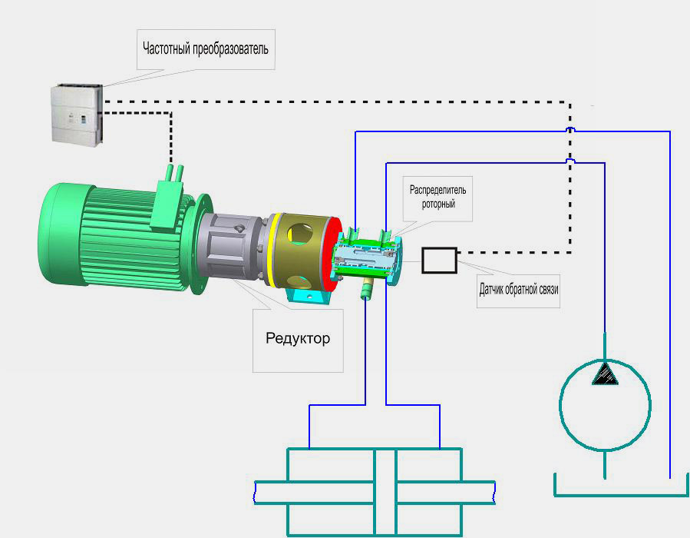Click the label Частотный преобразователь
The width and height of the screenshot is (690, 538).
tap(206, 50)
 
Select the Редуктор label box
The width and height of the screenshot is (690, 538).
tap(298, 338)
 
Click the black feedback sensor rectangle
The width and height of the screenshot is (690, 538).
tap(440, 260)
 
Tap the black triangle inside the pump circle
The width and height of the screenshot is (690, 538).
tap(605, 374)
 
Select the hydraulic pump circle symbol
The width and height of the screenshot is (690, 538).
tap(605, 406)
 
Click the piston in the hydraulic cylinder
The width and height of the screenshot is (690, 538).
tap(385, 492)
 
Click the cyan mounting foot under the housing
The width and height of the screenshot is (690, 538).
tap(311, 297)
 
